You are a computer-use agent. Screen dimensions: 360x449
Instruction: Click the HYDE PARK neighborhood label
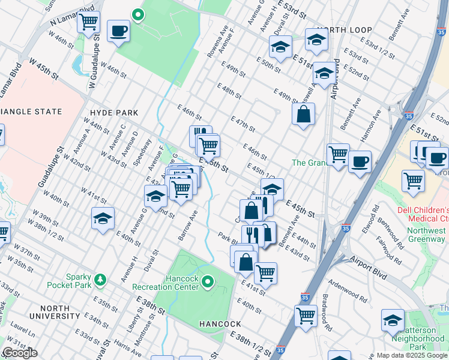113,112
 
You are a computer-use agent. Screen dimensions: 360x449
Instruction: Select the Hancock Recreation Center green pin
208,281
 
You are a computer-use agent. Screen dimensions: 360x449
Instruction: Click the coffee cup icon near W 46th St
118,31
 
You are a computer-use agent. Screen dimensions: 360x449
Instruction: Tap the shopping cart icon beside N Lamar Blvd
88,22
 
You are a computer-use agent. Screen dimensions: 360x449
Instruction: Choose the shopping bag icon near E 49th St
304,114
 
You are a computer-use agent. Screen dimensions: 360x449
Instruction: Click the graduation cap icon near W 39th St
103,218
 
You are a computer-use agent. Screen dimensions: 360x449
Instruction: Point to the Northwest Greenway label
423,235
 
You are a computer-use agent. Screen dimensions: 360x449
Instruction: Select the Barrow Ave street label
188,225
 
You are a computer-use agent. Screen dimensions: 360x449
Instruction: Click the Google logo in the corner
19,353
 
